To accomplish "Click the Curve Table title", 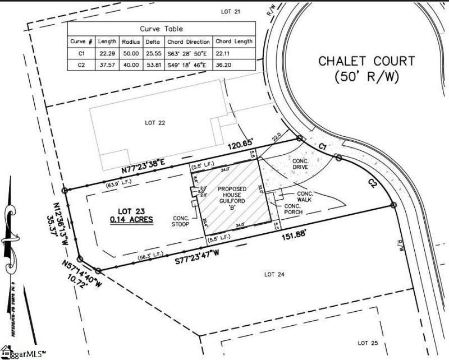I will pos(161,29).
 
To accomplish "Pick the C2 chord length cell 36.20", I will pos(234,66).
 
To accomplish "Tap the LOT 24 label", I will pos(274,274).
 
